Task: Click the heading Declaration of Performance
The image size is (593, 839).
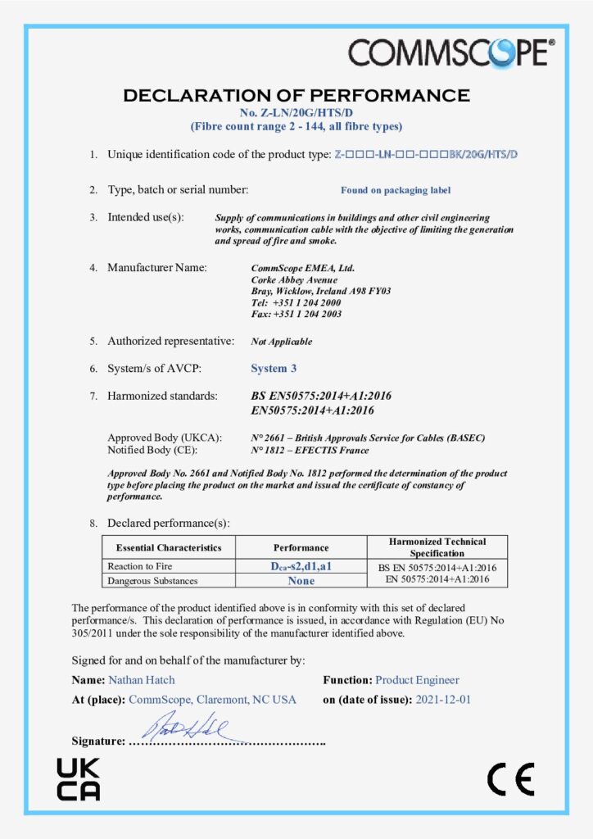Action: tap(296, 96)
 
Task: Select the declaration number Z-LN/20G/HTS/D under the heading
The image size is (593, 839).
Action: tap(296, 112)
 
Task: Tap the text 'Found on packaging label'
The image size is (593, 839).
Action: tap(396, 190)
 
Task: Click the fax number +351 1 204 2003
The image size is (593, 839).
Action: tap(296, 314)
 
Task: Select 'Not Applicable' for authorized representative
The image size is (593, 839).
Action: tap(281, 342)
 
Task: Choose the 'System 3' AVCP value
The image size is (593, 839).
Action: tap(274, 369)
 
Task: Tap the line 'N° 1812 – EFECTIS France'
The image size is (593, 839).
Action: tap(310, 450)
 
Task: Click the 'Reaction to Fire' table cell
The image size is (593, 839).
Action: tap(140, 566)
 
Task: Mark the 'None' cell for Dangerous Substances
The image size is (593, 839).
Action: tap(301, 580)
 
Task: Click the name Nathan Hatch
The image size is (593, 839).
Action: tap(141, 680)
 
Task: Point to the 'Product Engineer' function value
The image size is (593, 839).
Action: tap(417, 680)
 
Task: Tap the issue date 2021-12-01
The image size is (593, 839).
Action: tap(443, 700)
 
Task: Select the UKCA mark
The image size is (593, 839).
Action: tap(78, 779)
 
